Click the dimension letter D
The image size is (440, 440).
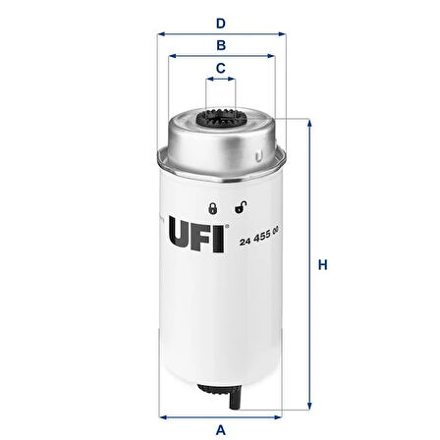pos(222,21)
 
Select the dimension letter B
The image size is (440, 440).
pos(222,44)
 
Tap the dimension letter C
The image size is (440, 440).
pos(222,68)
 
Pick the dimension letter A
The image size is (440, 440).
pos(222,428)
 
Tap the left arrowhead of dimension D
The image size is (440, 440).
pos(161,34)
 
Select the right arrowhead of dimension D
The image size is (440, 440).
pos(286,34)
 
